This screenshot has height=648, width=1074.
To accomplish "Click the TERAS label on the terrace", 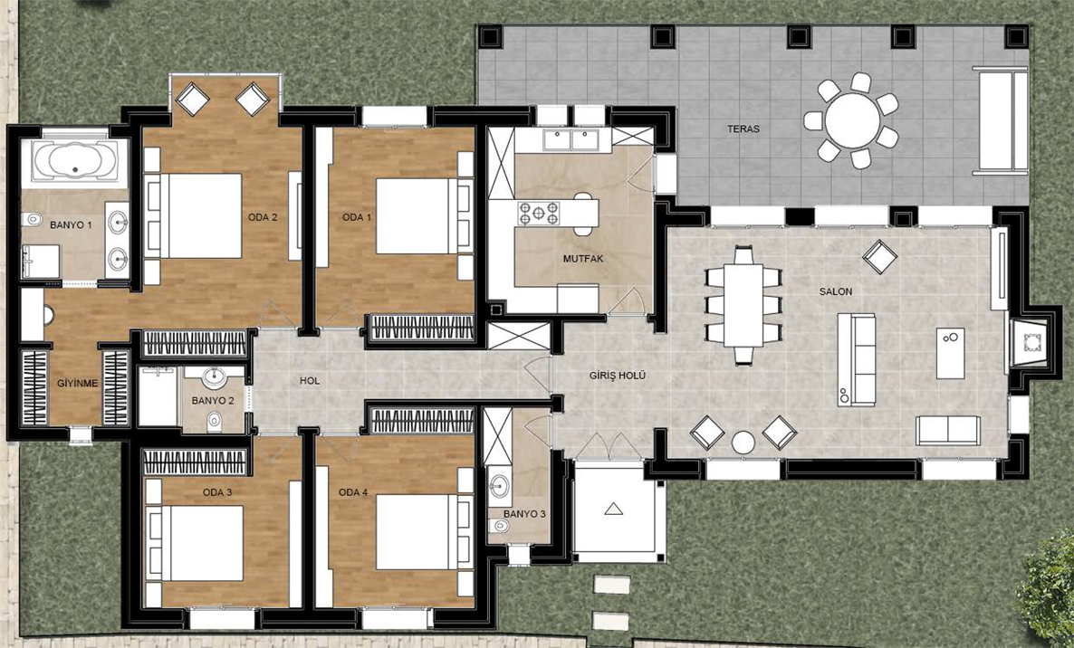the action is pos(743,129).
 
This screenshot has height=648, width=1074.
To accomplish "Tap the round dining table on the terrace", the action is pos(852,120).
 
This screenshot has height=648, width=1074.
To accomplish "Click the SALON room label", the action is pos(836,291).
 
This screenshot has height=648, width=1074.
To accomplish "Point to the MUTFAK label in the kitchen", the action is pos(583,259).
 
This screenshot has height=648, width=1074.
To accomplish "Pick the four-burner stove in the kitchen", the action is pos(539,213).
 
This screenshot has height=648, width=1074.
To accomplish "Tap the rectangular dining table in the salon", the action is pos(743,304).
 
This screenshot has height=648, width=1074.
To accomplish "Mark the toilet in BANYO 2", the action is pos(215,419).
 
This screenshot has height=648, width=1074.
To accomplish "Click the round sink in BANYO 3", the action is pos(499,485).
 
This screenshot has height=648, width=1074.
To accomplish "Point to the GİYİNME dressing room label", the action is pos(77,383).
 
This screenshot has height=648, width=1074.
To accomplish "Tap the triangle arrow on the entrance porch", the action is pos(614,509).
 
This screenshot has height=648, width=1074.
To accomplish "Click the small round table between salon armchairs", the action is pos(743,442).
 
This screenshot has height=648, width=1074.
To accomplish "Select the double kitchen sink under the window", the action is pos(571,140).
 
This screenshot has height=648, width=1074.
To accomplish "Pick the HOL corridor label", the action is pos(310,381).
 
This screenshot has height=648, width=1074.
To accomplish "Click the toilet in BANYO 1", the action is pos(32,220).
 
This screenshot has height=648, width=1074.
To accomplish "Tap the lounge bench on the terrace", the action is pos(1002,120).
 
